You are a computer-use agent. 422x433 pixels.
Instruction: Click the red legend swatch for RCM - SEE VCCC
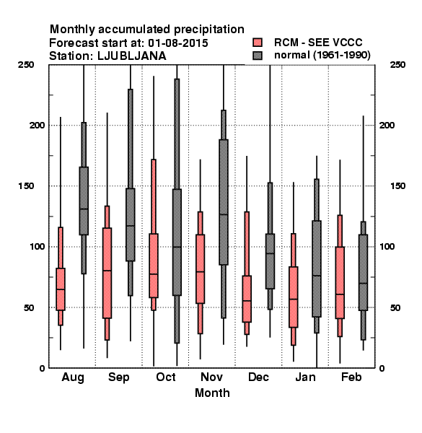[258, 43]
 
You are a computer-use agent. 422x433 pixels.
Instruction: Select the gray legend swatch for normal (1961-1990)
[258, 56]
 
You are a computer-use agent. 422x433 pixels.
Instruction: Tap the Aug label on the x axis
[73, 377]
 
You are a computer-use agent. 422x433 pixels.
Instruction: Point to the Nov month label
[211, 377]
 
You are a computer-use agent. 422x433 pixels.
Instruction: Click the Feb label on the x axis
[351, 377]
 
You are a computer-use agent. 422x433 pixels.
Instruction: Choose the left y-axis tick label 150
[26, 186]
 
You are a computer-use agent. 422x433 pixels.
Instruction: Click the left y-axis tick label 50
[29, 307]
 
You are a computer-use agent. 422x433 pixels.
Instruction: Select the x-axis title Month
[212, 393]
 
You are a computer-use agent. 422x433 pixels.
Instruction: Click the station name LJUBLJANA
[132, 56]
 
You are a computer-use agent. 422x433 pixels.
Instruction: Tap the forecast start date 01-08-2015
[178, 43]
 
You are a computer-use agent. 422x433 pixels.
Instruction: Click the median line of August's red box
[61, 289]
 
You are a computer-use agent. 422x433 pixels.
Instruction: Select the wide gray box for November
[224, 202]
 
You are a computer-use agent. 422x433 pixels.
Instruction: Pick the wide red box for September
[107, 273]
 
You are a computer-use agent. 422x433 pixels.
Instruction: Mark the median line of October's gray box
[177, 247]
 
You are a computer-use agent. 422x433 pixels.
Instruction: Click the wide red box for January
[294, 297]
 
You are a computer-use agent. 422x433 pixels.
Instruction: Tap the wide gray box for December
[271, 261]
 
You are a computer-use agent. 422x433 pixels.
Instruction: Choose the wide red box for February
[340, 283]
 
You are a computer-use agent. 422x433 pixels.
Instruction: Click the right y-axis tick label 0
[382, 368]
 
